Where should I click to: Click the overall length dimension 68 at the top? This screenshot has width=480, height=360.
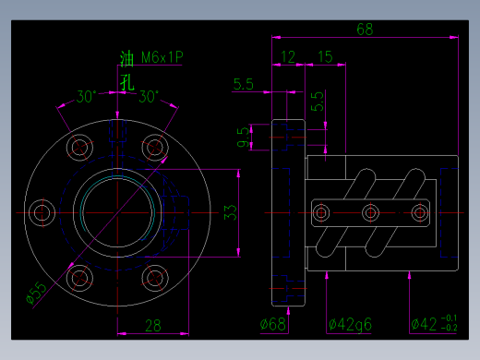click(x=365, y=29)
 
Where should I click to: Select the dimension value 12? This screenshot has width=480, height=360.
click(x=288, y=57)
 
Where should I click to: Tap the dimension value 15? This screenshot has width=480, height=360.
click(x=324, y=57)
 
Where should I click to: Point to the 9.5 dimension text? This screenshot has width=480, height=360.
click(x=243, y=138)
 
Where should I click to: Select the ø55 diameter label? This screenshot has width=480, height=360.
click(x=35, y=293)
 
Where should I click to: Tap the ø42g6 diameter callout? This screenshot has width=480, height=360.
click(x=351, y=324)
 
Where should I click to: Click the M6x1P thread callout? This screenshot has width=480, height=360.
click(x=162, y=57)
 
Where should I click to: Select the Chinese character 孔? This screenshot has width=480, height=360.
click(x=127, y=80)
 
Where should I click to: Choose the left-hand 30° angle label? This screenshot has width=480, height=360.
click(x=86, y=96)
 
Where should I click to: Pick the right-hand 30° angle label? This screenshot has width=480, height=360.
click(x=149, y=96)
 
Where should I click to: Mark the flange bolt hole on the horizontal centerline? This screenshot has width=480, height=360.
click(x=41, y=213)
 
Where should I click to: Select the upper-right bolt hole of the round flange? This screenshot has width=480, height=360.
click(x=152, y=146)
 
